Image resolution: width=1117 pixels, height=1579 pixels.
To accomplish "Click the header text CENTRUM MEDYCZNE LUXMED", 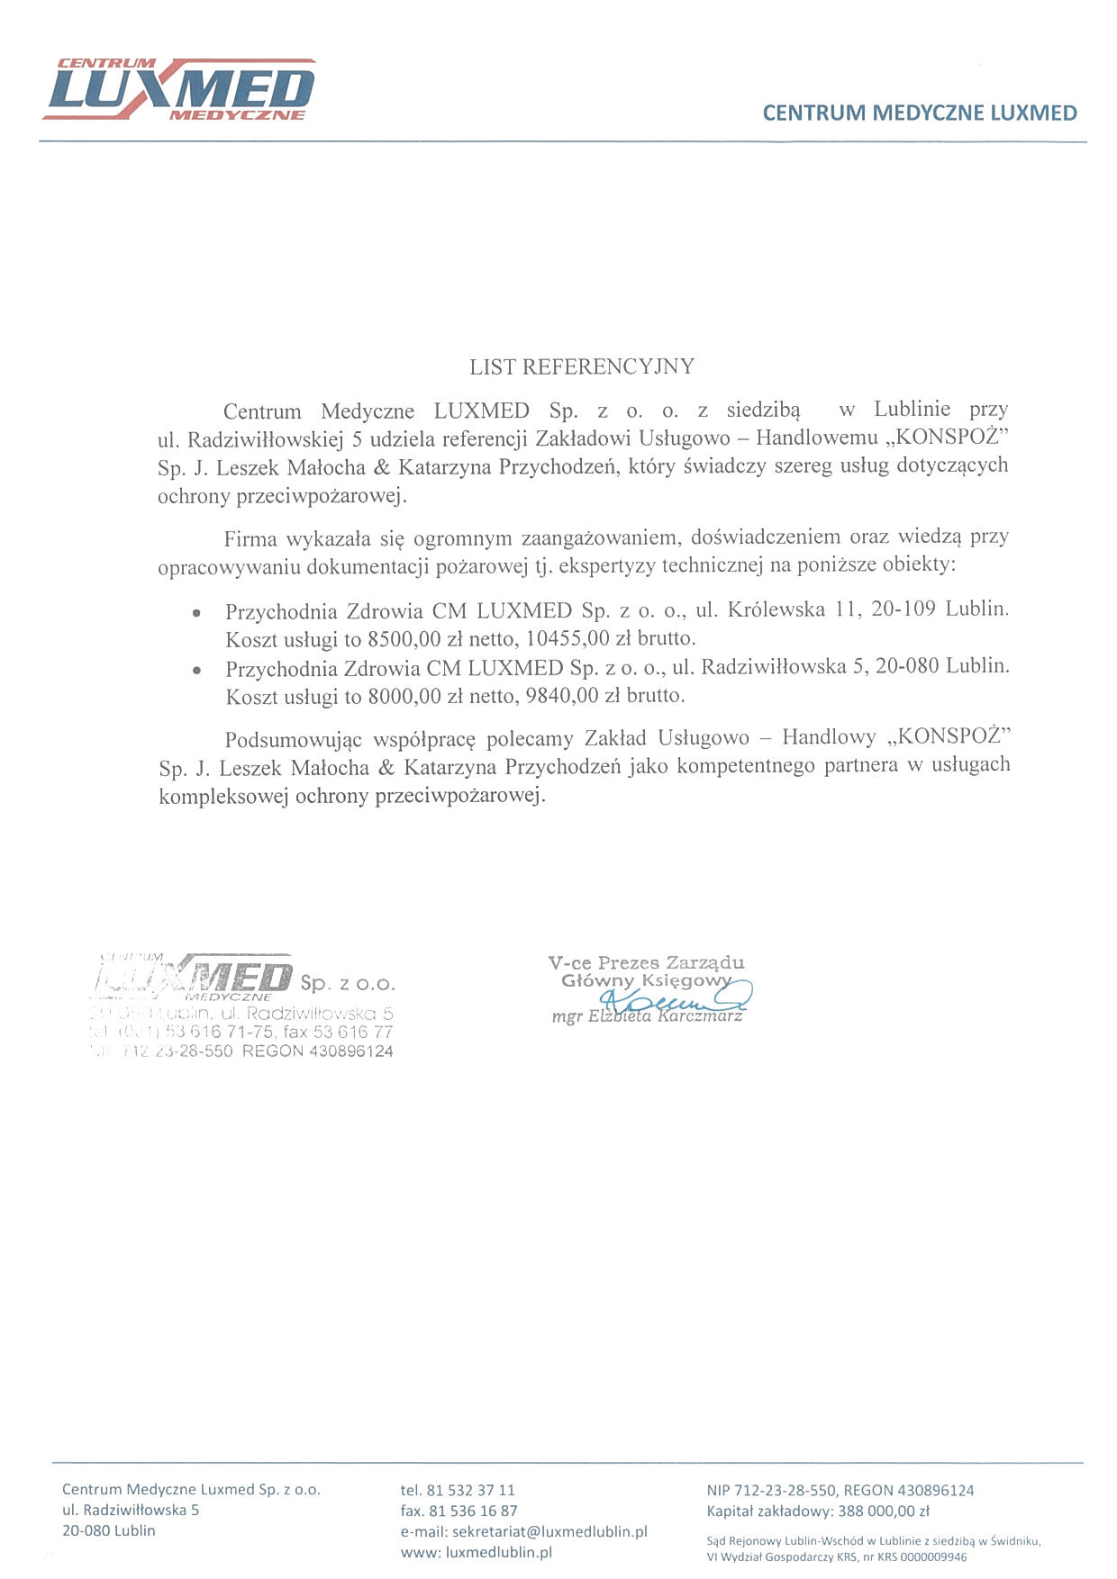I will (x=920, y=113).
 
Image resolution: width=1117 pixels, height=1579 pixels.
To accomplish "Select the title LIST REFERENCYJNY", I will (x=582, y=366).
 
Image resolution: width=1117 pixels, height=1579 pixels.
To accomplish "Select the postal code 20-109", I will (x=904, y=609).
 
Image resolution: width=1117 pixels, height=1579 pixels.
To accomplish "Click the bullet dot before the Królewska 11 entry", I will (x=196, y=613).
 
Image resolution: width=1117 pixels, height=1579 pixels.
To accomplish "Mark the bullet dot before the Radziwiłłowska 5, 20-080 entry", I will (x=196, y=670).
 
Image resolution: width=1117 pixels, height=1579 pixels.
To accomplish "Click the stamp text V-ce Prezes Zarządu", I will (x=646, y=962).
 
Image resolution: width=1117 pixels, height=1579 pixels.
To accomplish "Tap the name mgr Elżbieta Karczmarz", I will (x=647, y=1016).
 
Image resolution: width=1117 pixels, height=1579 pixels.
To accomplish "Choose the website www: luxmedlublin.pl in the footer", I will (x=477, y=1552).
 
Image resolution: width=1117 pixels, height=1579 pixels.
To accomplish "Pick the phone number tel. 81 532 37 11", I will (x=458, y=1490).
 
